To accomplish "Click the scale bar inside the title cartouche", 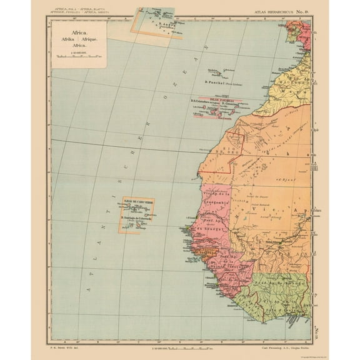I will [x=78, y=56].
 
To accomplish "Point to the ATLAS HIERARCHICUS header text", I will [x=280, y=12].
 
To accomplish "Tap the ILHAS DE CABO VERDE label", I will [x=137, y=202].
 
